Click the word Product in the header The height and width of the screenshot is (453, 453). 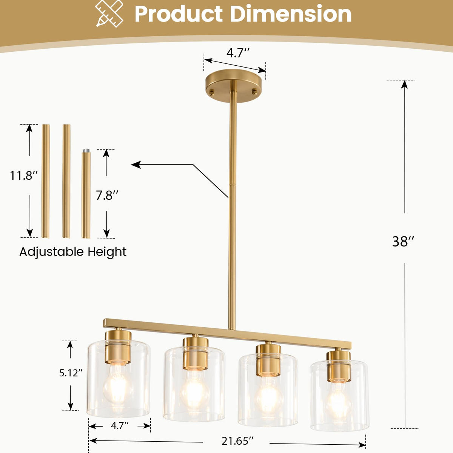(x=179, y=14)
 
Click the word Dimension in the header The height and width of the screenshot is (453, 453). (x=291, y=14)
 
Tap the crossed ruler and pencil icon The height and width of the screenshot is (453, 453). (x=109, y=14)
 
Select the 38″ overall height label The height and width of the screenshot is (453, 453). (x=403, y=241)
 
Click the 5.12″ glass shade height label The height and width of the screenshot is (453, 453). (x=71, y=373)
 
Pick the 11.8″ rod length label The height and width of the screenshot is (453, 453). (x=24, y=176)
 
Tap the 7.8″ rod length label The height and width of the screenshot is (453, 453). (x=107, y=195)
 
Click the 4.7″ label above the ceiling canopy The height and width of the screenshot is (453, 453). (x=238, y=53)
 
